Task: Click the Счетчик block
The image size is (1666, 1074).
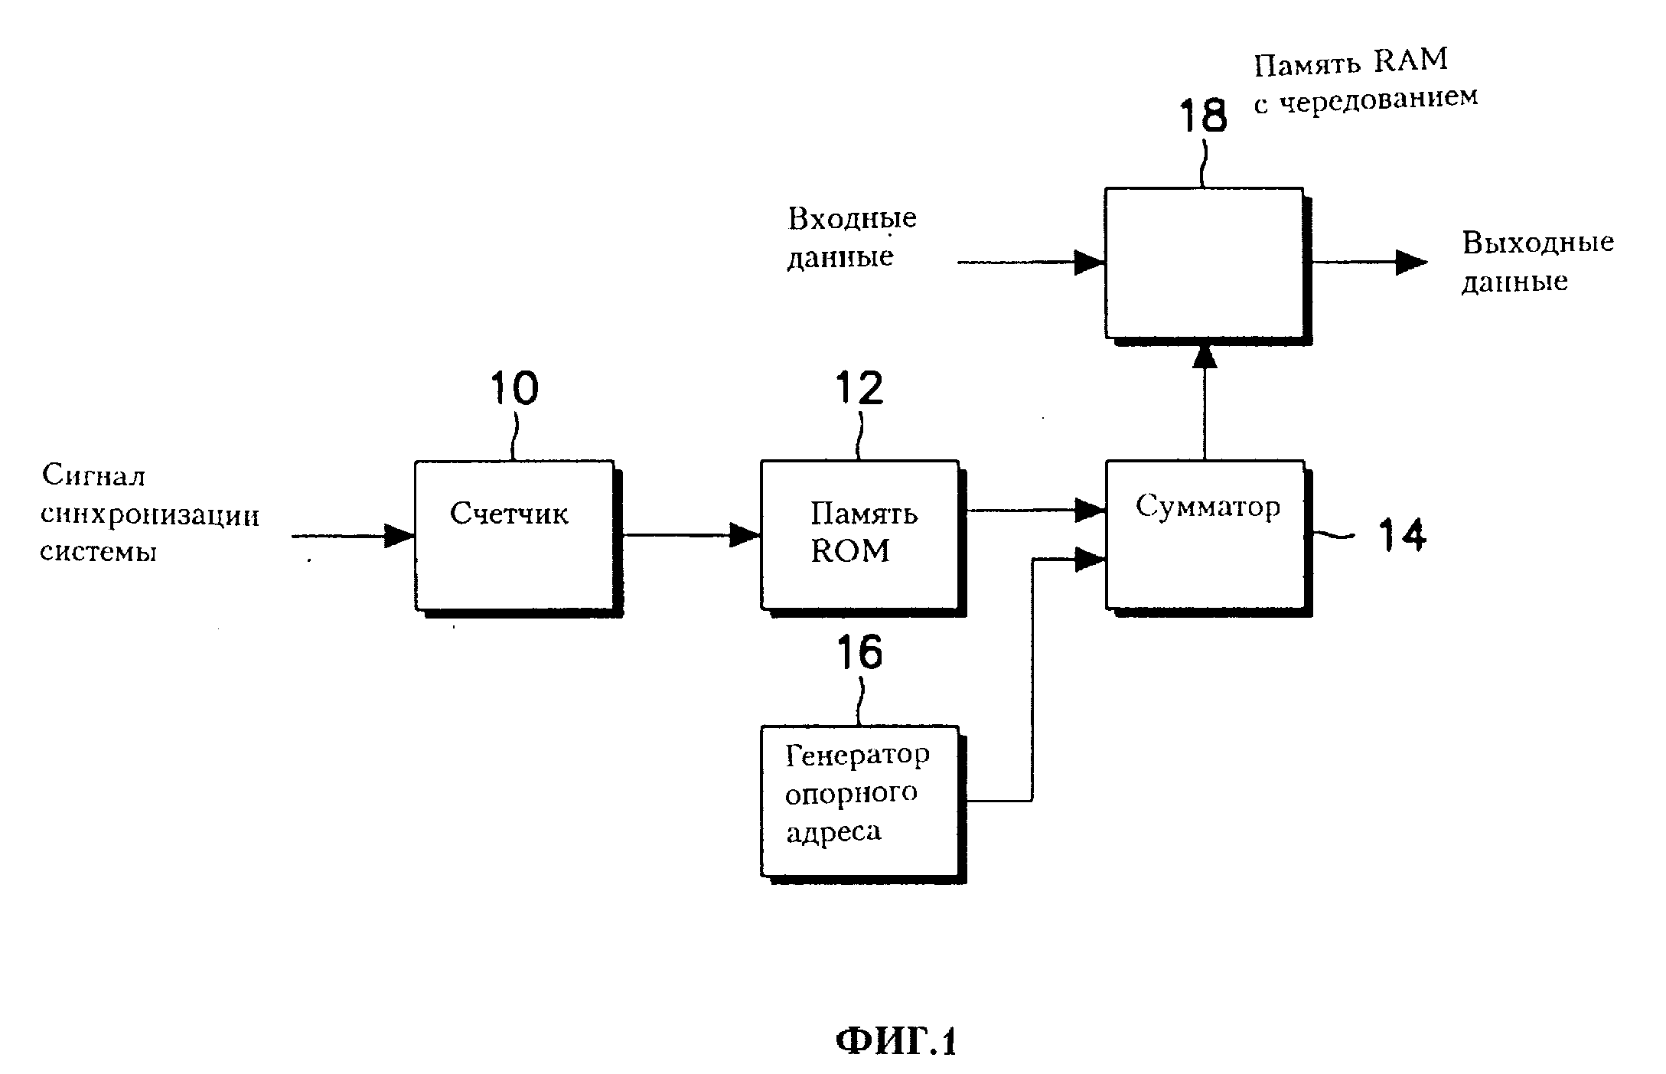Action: tap(514, 535)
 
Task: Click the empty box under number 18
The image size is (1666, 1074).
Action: tap(1204, 263)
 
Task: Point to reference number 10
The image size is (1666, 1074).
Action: tap(514, 388)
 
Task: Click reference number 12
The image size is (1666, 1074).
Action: tap(859, 388)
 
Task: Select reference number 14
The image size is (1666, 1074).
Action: tap(1402, 535)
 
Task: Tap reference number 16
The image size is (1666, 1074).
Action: tap(859, 653)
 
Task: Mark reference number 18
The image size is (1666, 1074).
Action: tap(1203, 116)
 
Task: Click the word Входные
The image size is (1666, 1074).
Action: tap(852, 219)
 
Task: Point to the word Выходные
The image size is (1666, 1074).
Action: tap(1537, 243)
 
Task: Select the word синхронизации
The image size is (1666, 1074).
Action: tap(150, 516)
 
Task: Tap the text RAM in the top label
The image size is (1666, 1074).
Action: tap(1410, 60)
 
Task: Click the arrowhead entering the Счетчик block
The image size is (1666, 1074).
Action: tap(399, 536)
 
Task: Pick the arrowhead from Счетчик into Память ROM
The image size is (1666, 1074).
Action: tap(745, 535)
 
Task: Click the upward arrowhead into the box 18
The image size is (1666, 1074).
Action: tap(1205, 357)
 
